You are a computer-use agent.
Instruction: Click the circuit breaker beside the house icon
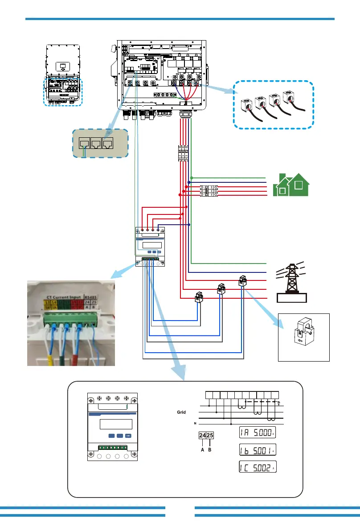[209, 191]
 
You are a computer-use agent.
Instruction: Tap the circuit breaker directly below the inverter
[184, 154]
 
